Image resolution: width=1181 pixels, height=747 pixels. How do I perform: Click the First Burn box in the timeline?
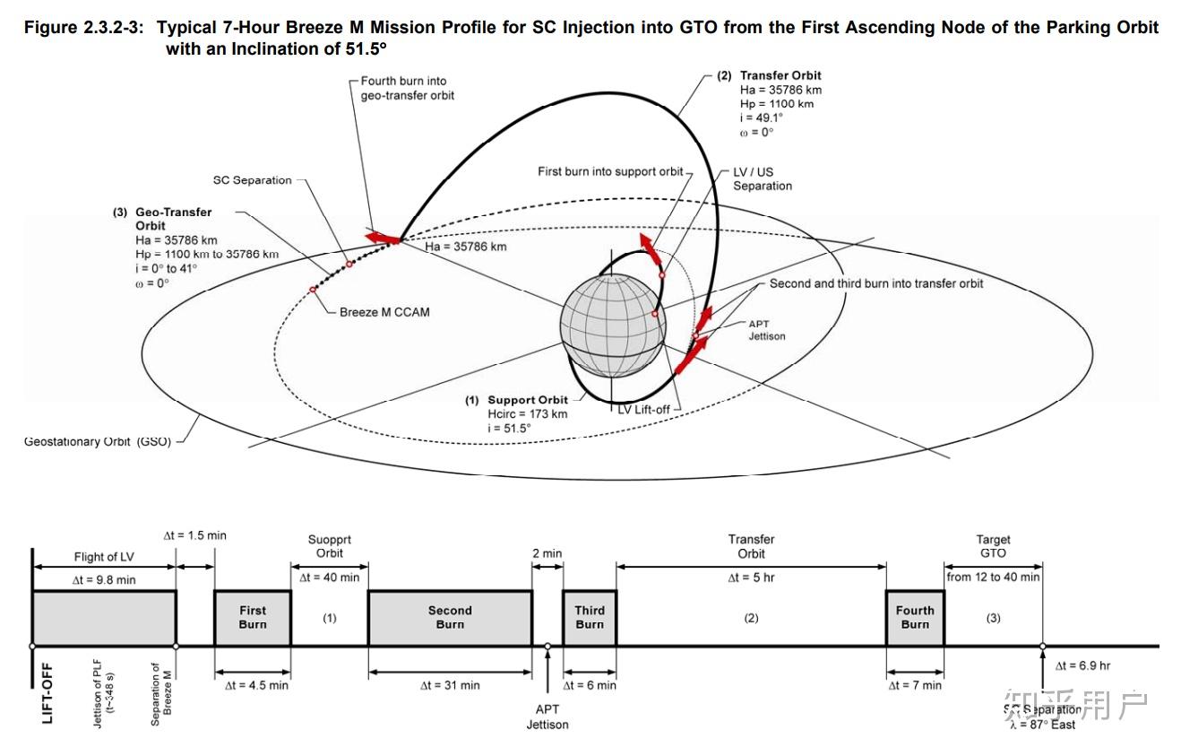point(253,617)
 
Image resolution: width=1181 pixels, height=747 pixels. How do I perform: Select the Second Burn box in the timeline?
point(450,617)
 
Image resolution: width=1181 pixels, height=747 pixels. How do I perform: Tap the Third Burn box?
point(590,617)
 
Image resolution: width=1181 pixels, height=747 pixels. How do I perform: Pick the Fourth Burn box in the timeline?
point(915,617)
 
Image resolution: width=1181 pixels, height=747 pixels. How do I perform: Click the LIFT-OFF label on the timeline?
point(47,693)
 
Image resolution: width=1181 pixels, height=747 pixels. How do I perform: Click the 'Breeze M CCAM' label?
point(384,312)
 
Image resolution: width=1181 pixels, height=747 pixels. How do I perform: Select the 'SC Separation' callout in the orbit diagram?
point(252,180)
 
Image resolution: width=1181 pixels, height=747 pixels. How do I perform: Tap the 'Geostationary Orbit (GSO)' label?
point(98,441)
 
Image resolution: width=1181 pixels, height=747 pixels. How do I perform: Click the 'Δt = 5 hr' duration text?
point(751,578)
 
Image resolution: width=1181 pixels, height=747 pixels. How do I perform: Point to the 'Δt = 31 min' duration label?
point(450,685)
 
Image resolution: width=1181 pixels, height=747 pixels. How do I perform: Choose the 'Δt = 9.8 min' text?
point(104,579)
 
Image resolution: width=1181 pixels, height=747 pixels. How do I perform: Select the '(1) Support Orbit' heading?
point(516,400)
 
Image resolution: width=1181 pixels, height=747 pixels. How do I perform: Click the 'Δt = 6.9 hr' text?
point(1082,665)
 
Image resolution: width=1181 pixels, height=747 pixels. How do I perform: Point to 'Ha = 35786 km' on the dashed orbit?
point(465,247)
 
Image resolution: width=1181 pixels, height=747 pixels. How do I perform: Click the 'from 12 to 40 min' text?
point(993,577)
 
